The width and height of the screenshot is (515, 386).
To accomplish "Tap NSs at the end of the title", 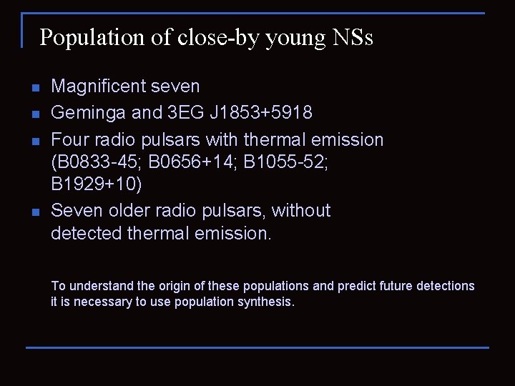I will (353, 38).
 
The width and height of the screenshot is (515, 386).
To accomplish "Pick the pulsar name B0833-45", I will (97, 162).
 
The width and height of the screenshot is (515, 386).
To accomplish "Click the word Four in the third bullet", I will (69, 139).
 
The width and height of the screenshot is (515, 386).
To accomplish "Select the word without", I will (301, 211).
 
